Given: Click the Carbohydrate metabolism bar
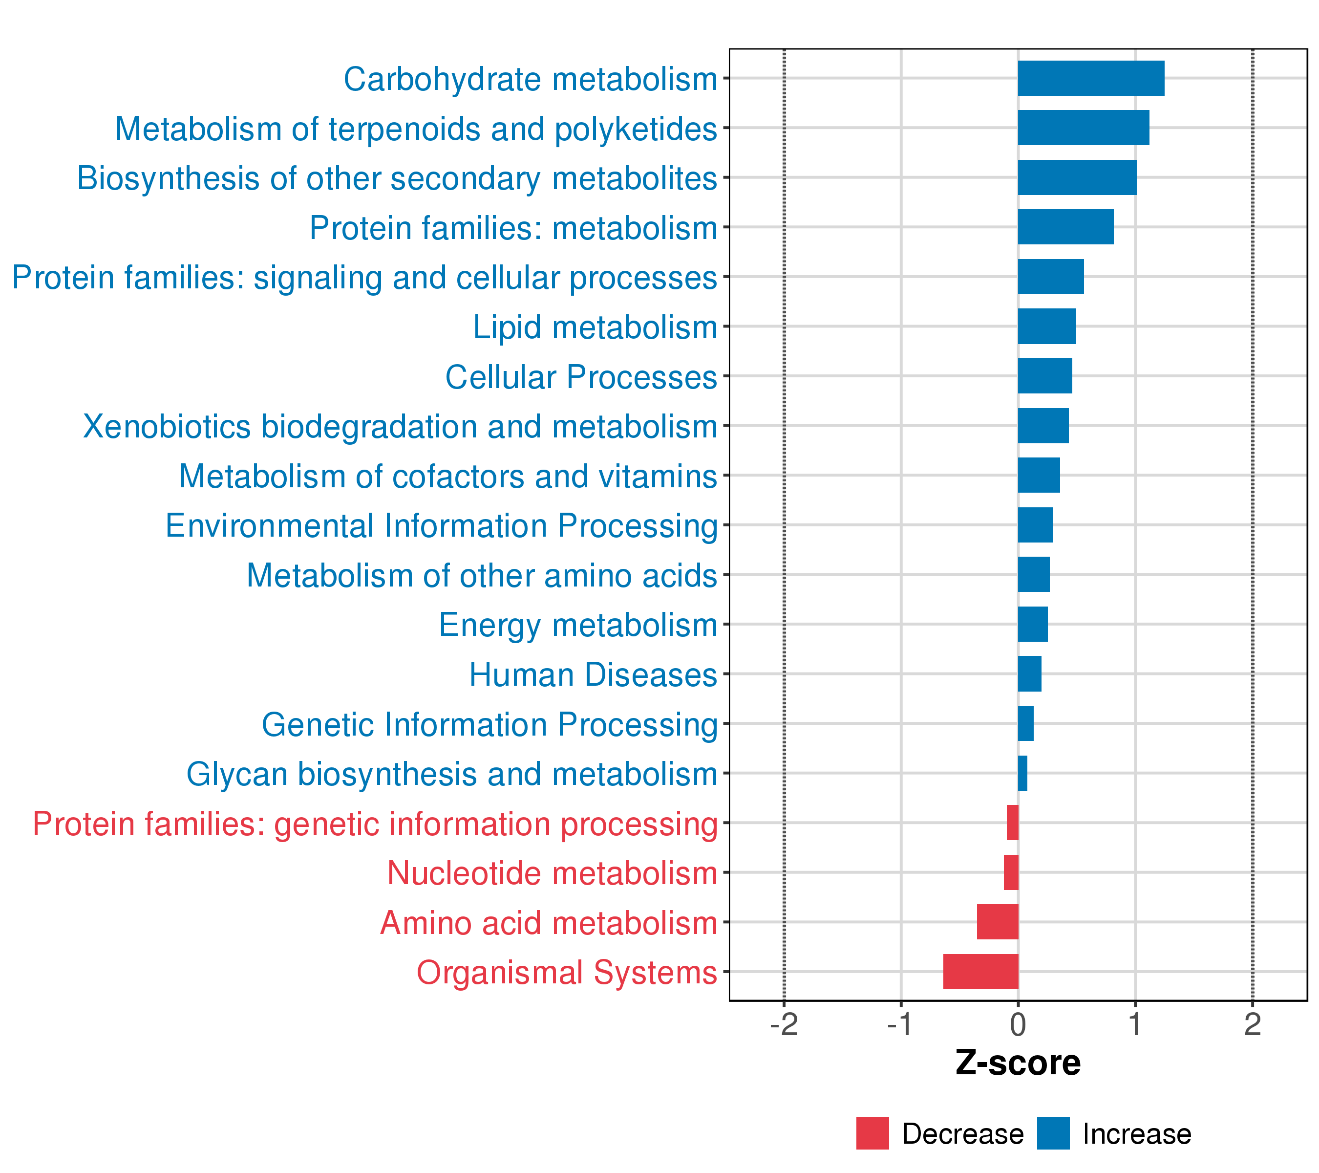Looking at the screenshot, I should pos(1090,78).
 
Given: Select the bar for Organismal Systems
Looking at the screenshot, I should pos(980,972).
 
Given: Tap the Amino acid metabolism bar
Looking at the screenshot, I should pos(997,922).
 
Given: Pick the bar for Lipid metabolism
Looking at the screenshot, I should pos(1047,326).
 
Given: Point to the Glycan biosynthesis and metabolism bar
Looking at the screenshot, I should pos(1022,773).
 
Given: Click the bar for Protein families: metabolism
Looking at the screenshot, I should pos(1065,227).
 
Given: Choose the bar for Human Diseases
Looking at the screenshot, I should pos(1029,673).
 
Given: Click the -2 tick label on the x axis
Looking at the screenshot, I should pos(784,1025).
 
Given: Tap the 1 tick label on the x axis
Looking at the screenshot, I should pos(1134,1025).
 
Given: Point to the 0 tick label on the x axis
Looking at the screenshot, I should pos(1018,1025).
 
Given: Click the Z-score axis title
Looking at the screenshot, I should pos(1018,1063).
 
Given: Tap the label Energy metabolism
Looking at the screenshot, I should pos(578,625).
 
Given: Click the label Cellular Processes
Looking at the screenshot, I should pos(581,377).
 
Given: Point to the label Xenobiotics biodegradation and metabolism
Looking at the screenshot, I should pos(400,427).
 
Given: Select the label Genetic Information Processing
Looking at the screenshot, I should pos(489,724).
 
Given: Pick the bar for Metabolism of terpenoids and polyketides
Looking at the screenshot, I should pos(1083,128).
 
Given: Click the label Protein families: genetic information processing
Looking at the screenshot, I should pos(375,824).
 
